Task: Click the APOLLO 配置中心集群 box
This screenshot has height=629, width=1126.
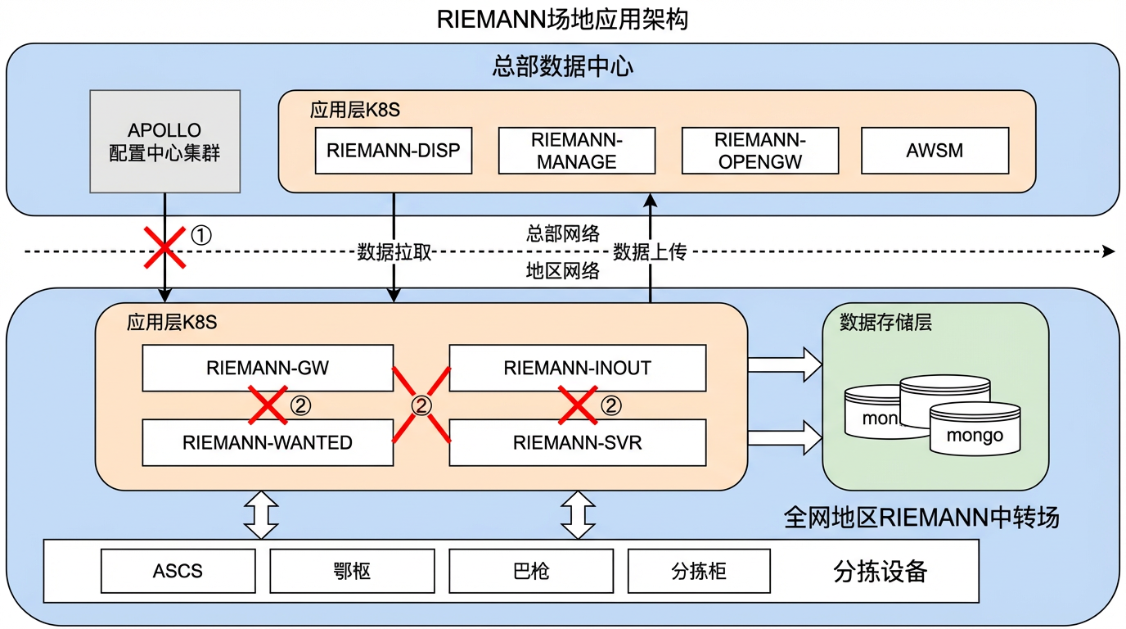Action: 164,141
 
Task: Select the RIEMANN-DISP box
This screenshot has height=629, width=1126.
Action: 393,150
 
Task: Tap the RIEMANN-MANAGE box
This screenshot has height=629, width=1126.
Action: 576,150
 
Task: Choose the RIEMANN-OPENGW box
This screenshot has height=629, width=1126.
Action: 760,150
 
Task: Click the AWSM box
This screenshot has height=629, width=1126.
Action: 935,150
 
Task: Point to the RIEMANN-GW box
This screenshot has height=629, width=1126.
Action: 268,368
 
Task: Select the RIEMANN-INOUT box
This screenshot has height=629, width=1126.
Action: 577,368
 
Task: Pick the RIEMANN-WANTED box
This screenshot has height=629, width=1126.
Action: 268,442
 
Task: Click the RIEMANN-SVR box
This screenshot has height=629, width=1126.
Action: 577,442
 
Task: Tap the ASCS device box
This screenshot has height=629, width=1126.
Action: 178,570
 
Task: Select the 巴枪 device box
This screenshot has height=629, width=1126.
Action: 531,570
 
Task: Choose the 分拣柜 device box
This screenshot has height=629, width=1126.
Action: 698,570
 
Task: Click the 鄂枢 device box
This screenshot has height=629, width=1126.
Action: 352,570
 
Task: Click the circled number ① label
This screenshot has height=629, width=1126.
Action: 200,236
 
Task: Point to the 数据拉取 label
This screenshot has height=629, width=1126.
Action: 394,252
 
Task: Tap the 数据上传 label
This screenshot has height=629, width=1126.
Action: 650,252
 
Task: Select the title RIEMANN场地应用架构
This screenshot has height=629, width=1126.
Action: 562,18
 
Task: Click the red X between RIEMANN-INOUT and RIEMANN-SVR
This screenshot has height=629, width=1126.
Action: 578,405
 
